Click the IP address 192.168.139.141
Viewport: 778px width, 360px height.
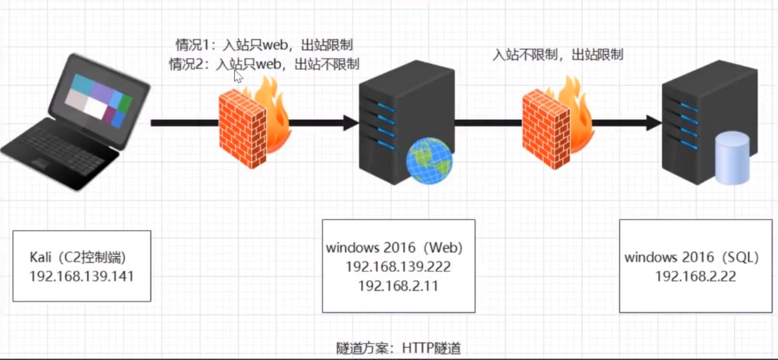[82, 277]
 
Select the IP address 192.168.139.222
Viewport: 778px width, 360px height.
[398, 267]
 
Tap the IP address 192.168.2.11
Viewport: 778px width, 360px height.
[398, 286]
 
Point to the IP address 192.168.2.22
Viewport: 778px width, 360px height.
[695, 277]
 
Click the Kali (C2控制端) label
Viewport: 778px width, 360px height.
[78, 258]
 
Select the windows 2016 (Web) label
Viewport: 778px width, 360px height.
[394, 248]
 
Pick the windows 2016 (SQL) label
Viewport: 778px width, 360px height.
[691, 258]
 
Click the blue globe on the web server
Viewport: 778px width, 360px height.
[429, 160]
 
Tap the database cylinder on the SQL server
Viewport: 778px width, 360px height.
[732, 158]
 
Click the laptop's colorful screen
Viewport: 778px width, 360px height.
[98, 101]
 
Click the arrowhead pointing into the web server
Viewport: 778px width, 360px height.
[351, 123]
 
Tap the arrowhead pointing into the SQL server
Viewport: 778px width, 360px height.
[654, 123]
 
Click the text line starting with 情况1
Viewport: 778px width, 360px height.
[264, 45]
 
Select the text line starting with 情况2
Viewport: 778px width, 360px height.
[264, 64]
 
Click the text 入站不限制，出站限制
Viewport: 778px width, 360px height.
[558, 55]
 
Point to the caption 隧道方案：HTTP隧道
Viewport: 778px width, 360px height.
[399, 348]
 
